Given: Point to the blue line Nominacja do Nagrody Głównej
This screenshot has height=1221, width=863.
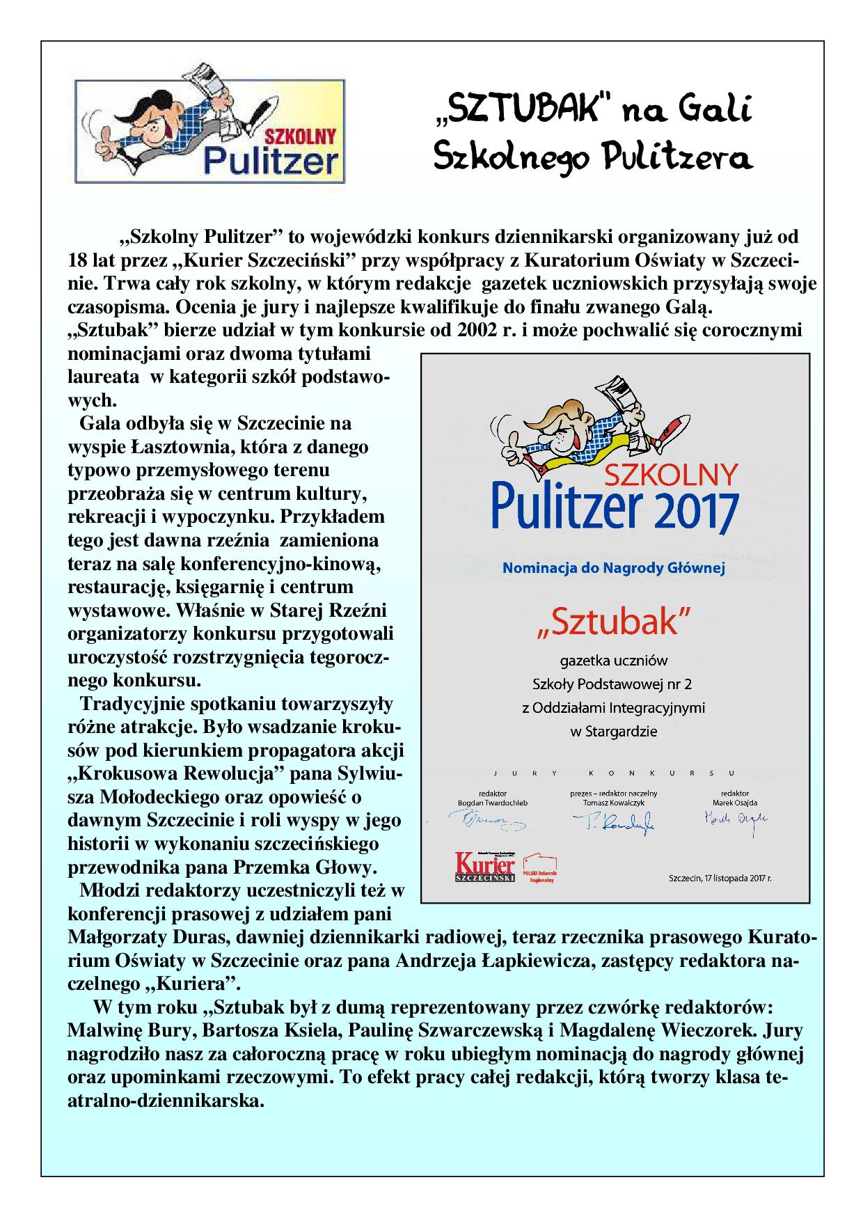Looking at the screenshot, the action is pos(614,568).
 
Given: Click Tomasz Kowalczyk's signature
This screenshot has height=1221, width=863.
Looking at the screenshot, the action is pos(613,824).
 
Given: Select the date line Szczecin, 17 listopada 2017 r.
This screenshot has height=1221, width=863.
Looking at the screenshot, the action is pos(719,879).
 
